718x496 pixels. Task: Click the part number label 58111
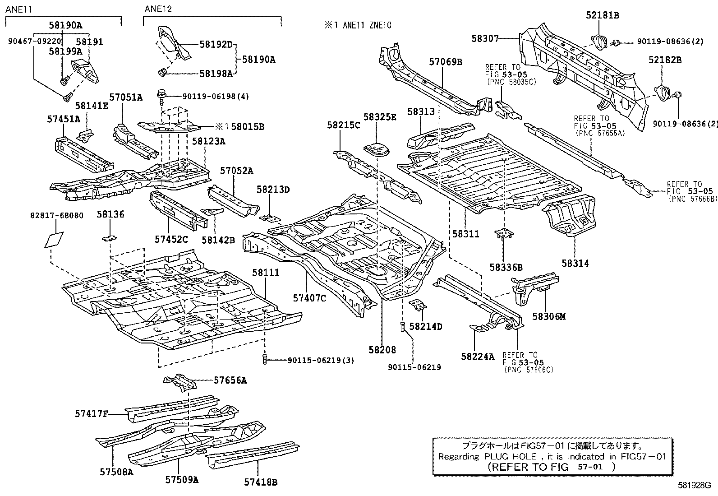click(265, 273)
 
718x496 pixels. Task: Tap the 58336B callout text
click(506, 268)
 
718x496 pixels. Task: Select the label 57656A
click(230, 380)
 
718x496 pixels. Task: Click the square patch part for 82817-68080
click(54, 240)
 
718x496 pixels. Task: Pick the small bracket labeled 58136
click(108, 237)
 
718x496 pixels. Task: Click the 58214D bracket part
click(418, 306)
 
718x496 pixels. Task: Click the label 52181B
click(602, 15)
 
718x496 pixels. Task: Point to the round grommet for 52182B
click(661, 92)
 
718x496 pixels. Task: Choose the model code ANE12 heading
click(158, 9)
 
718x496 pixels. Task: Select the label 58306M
click(548, 316)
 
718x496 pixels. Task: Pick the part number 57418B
click(260, 482)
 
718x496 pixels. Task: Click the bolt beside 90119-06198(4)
click(161, 96)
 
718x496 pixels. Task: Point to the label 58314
click(575, 263)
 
